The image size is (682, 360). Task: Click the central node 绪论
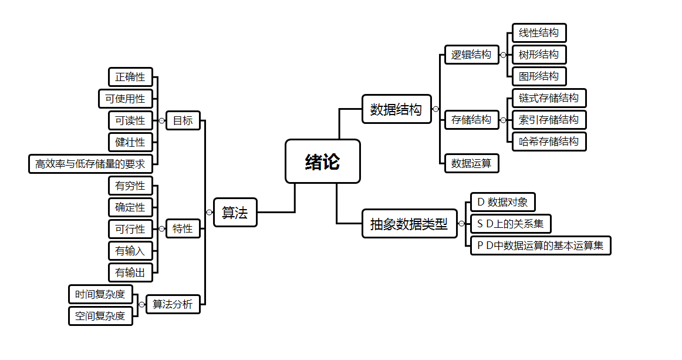pyautogui.click(x=322, y=162)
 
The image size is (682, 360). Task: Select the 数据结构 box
pyautogui.click(x=396, y=109)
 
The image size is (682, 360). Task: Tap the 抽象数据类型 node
pyautogui.click(x=409, y=224)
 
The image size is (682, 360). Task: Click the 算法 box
pyautogui.click(x=235, y=213)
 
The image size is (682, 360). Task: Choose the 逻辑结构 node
pyautogui.click(x=471, y=55)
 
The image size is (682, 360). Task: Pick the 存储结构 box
pyautogui.click(x=471, y=120)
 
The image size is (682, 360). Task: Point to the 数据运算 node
pyautogui.click(x=471, y=163)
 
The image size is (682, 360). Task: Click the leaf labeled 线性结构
pyautogui.click(x=539, y=33)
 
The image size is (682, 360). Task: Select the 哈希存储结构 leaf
pyautogui.click(x=549, y=142)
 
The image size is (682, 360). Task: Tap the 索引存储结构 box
pyautogui.click(x=549, y=120)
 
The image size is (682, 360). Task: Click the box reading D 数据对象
pyautogui.click(x=502, y=203)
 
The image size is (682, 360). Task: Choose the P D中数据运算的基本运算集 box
pyautogui.click(x=541, y=245)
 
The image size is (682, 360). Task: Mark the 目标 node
pyautogui.click(x=183, y=121)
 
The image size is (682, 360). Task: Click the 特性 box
pyautogui.click(x=183, y=229)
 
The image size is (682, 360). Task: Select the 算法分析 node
pyautogui.click(x=173, y=304)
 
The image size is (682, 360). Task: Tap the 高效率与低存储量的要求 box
pyautogui.click(x=90, y=164)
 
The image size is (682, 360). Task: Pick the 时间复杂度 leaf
pyautogui.click(x=100, y=294)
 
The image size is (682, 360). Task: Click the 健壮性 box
pyautogui.click(x=130, y=142)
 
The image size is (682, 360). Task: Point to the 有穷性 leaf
pyautogui.click(x=130, y=186)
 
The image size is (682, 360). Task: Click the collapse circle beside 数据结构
pyautogui.click(x=435, y=109)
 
